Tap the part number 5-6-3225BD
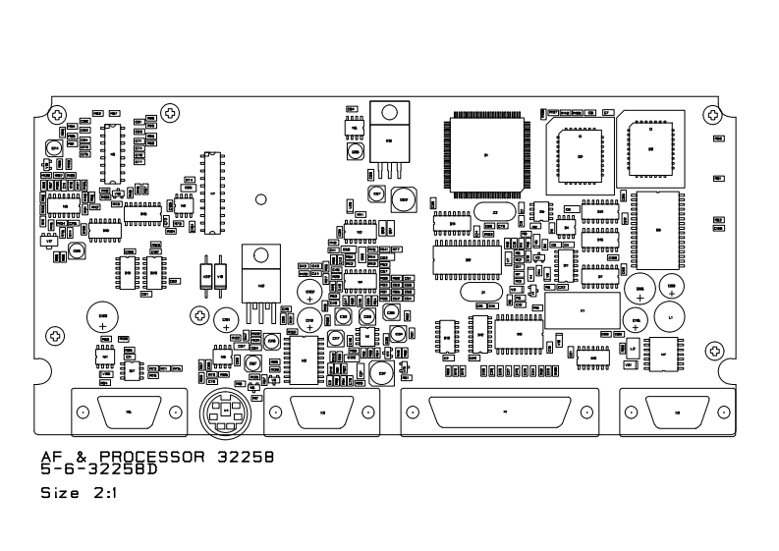point(98,469)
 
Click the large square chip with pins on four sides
point(485,154)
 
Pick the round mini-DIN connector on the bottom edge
point(226,413)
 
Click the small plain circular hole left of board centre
point(261,200)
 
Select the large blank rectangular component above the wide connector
point(582,311)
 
